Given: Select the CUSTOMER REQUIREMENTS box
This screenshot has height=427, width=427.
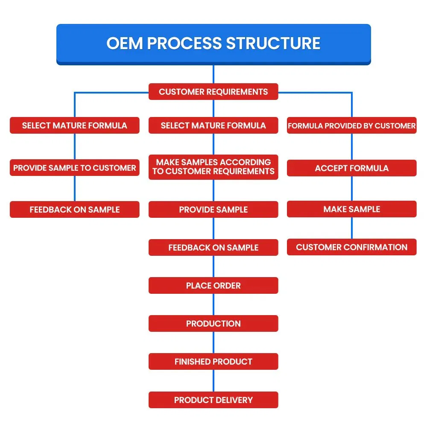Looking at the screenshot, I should click(x=213, y=92).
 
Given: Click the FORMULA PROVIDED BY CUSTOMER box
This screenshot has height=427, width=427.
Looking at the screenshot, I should click(x=351, y=126).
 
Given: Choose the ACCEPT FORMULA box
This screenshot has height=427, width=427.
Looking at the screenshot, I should click(x=351, y=168).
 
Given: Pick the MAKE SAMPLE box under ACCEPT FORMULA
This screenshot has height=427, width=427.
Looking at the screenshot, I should click(x=351, y=209).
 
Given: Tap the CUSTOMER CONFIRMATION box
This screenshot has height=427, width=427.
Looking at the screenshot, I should click(x=351, y=247).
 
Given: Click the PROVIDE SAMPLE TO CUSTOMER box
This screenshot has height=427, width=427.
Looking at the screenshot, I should click(x=75, y=168).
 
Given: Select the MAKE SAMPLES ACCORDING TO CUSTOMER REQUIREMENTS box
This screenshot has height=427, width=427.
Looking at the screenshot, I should click(x=213, y=167).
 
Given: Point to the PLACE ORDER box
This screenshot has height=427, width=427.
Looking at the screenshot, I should click(x=213, y=286).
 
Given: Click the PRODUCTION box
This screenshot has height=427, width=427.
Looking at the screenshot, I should click(x=213, y=324).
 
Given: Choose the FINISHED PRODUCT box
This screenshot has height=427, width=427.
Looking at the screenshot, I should click(x=213, y=362).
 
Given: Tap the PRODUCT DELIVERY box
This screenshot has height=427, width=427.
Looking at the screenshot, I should click(x=213, y=400).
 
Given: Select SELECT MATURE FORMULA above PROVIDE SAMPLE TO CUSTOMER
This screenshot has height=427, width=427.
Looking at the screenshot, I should click(x=75, y=126).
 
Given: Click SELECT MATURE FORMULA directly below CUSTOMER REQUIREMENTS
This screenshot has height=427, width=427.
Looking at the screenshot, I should click(x=213, y=126).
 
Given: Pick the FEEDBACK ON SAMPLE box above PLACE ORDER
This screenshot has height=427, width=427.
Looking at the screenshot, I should click(x=213, y=248).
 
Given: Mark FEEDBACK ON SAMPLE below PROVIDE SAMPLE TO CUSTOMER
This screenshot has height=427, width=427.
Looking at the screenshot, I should click(x=75, y=210).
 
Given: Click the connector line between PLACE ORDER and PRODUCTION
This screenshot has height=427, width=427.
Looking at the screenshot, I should click(x=213, y=304).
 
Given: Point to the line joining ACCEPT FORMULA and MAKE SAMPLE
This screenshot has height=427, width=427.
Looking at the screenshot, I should click(x=352, y=188).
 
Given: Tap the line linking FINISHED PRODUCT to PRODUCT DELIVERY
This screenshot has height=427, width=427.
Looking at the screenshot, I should click(x=213, y=380).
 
